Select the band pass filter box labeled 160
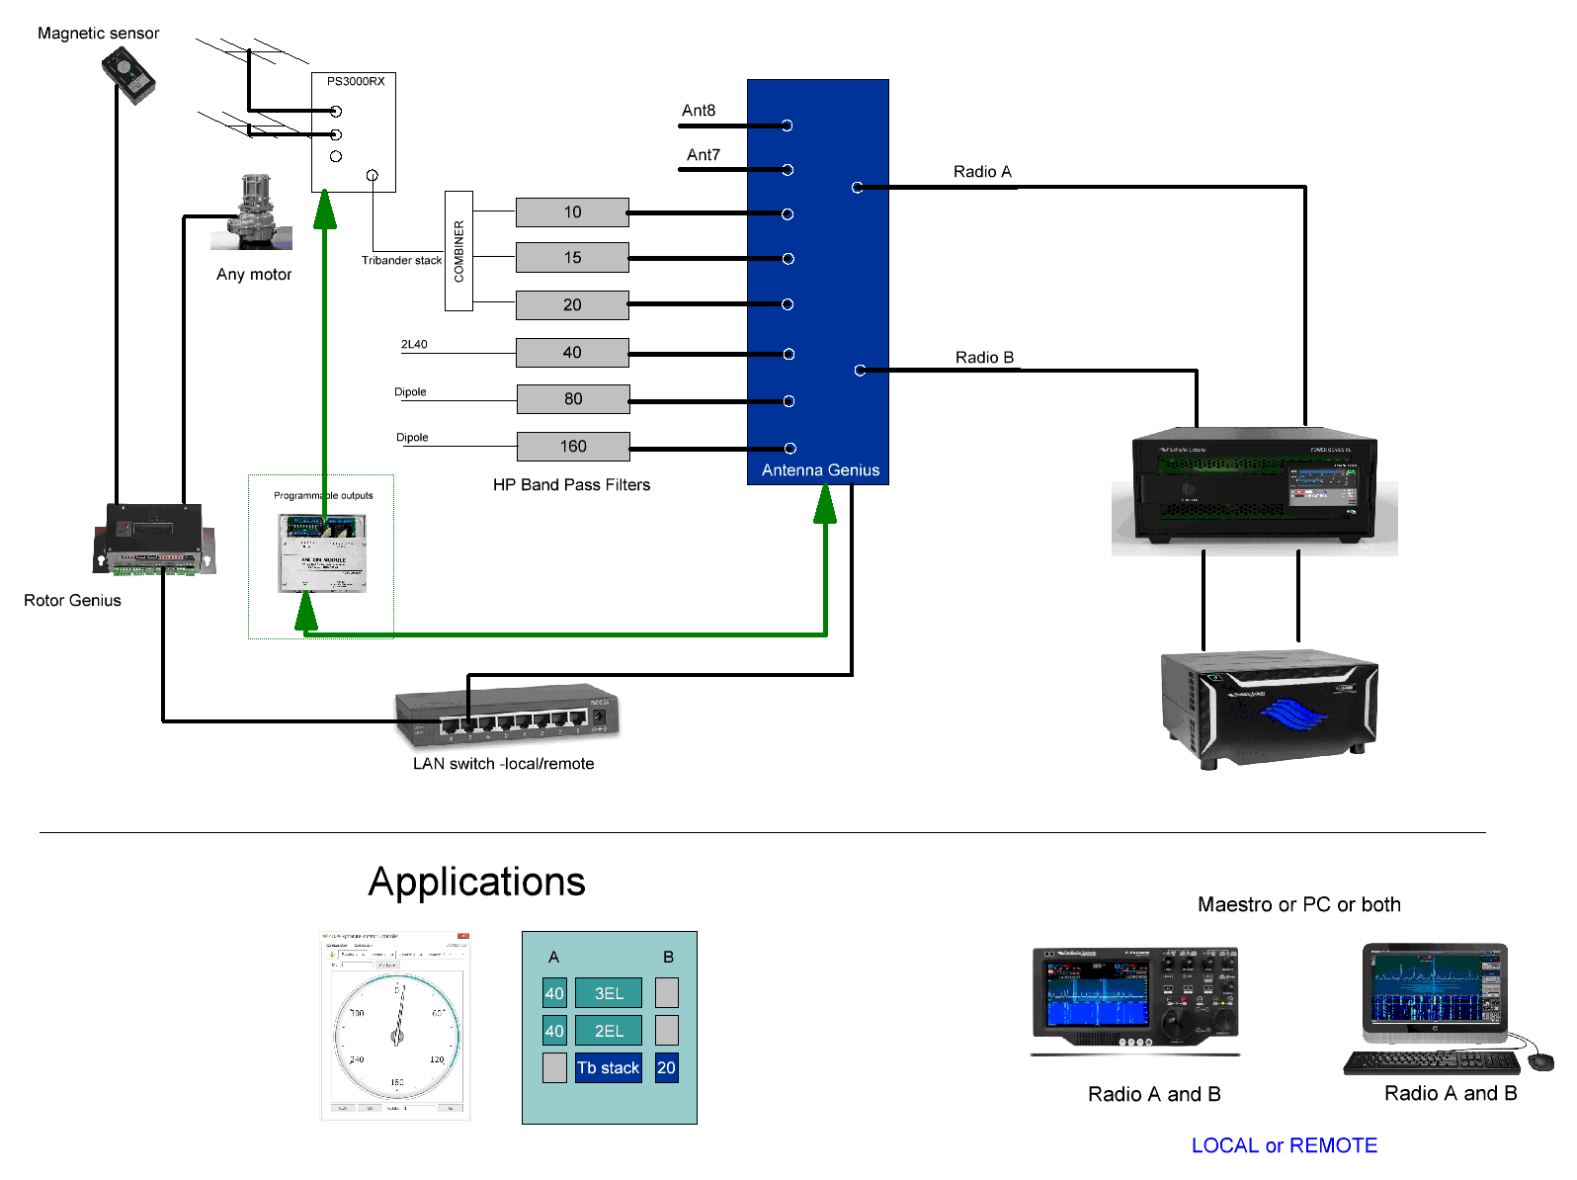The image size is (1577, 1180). click(x=573, y=447)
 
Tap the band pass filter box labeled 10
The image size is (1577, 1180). click(x=572, y=212)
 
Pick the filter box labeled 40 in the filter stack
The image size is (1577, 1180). click(x=572, y=353)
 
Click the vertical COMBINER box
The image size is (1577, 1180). click(x=458, y=251)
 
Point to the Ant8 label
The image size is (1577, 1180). click(x=699, y=111)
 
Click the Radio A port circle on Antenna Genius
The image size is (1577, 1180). click(x=858, y=187)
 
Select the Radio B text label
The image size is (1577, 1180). click(x=984, y=358)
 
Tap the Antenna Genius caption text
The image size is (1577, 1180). click(x=820, y=470)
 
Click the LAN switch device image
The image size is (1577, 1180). click(x=507, y=715)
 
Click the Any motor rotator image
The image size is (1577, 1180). click(x=254, y=211)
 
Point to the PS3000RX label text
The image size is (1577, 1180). click(x=356, y=82)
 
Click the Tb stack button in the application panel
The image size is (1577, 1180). click(x=609, y=1068)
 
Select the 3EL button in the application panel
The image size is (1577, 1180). click(x=609, y=993)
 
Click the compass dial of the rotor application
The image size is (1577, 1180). click(x=397, y=1036)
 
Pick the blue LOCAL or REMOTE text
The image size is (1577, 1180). click(x=1284, y=1145)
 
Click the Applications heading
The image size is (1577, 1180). click(x=476, y=882)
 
